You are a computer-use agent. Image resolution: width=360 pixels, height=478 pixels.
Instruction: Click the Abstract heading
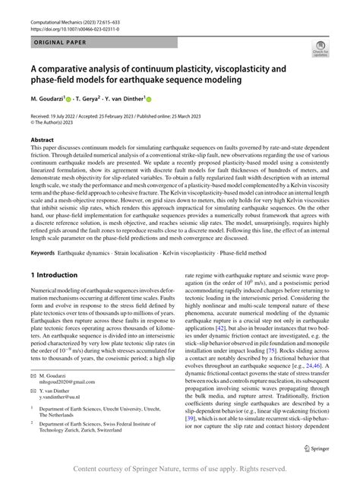click(x=42, y=140)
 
